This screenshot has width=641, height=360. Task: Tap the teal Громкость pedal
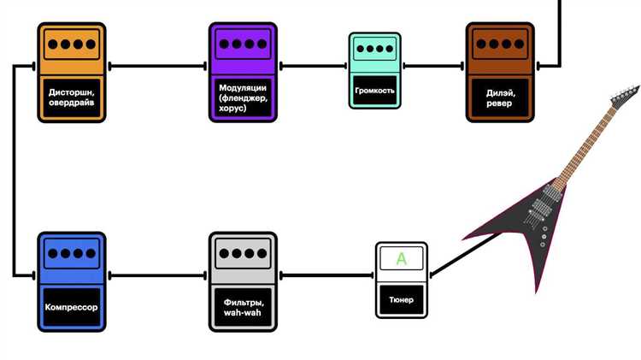pyautogui.click(x=374, y=70)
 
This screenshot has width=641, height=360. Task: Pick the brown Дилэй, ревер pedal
pyautogui.click(x=500, y=72)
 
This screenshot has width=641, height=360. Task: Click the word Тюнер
pyautogui.click(x=402, y=299)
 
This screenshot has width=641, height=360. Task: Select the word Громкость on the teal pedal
pyautogui.click(x=374, y=89)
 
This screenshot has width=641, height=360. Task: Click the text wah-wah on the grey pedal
pyautogui.click(x=243, y=312)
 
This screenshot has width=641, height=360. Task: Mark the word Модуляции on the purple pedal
pyautogui.click(x=243, y=88)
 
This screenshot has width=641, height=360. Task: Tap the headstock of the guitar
pyautogui.click(x=625, y=94)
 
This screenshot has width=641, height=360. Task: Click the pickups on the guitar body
pyautogui.click(x=539, y=210)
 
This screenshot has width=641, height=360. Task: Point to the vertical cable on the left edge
pyautogui.click(x=15, y=171)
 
